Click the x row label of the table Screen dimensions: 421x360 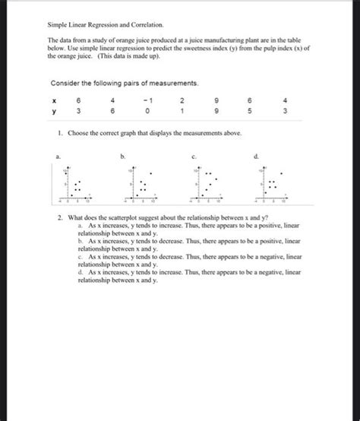(54, 99)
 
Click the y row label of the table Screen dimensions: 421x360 (54, 112)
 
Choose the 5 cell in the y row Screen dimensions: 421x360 (254, 112)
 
